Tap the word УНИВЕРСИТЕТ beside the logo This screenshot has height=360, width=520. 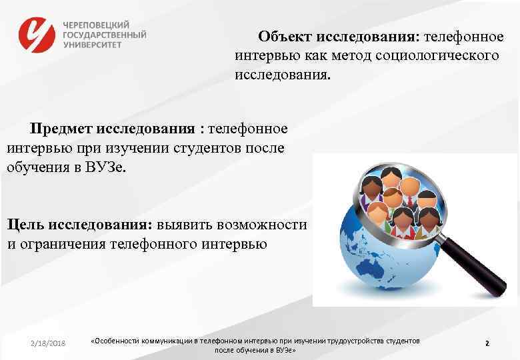(93, 44)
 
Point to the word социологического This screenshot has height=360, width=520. (437, 55)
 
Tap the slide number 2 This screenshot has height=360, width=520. (487, 343)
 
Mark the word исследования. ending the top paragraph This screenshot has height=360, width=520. (281, 75)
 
